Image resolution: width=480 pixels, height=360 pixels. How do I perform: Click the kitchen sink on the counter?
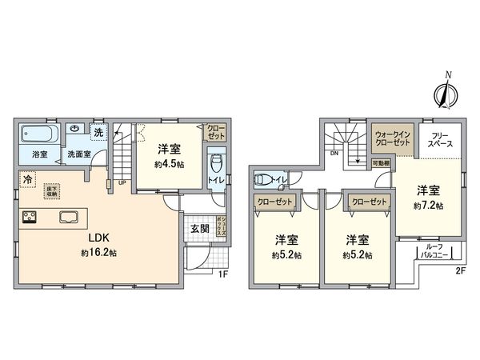66,216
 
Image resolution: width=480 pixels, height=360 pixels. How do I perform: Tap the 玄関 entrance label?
198,229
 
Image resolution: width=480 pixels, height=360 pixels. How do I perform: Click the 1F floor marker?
226,275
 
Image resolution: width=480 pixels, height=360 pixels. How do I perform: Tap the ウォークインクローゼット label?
392,137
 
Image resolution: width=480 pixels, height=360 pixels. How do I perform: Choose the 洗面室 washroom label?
78,153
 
